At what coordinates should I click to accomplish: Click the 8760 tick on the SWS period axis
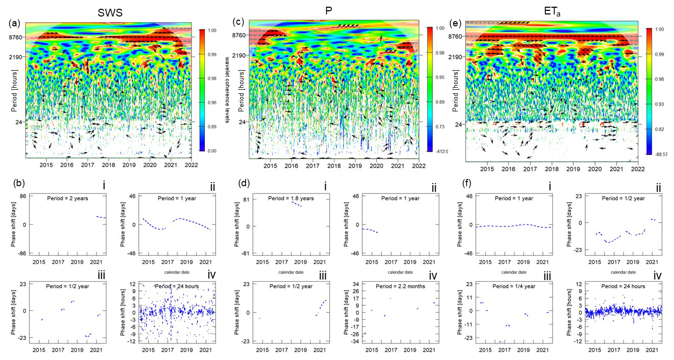point(14,37)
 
